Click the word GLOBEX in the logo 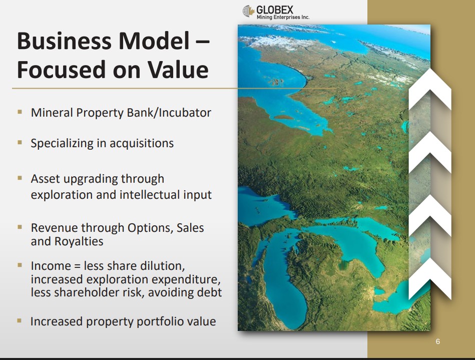tap(275, 10)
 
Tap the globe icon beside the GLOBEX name tap(248, 11)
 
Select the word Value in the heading tap(178, 70)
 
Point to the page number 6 tap(438, 341)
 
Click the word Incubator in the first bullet tap(185, 113)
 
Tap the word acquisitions tap(142, 143)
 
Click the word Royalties tap(79, 241)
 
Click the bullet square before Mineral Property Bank tap(20, 112)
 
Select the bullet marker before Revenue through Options tap(20, 227)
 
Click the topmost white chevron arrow tap(430, 90)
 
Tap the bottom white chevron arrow tap(430, 279)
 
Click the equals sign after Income tap(77, 266)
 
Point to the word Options tap(150, 228)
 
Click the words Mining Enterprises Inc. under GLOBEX tap(283, 17)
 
